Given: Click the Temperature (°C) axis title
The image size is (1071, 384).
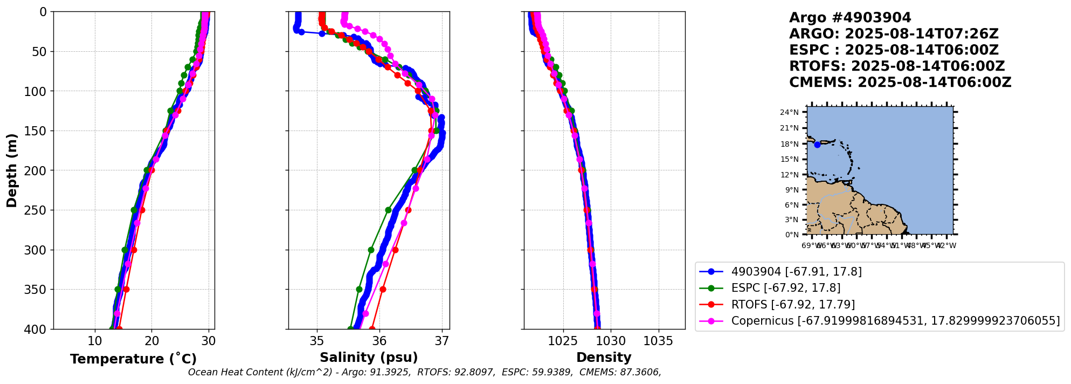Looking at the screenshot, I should (x=133, y=359).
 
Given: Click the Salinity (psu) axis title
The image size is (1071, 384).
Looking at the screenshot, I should (x=369, y=358).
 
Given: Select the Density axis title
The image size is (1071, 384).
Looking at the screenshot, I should (x=604, y=358).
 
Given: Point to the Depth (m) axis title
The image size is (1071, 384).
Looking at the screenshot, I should (x=12, y=170).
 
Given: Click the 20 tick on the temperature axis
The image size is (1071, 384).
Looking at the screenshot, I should (x=151, y=341).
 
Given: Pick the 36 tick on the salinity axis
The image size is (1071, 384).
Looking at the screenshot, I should (x=379, y=341).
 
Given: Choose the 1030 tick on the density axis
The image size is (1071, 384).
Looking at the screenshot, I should (x=611, y=341).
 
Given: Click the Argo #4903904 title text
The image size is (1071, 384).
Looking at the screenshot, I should (x=850, y=18).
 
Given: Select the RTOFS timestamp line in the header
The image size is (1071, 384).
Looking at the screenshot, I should (x=897, y=66).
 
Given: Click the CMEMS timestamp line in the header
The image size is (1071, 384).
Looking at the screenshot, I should (x=900, y=83).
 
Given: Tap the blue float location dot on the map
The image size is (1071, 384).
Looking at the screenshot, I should (x=817, y=145).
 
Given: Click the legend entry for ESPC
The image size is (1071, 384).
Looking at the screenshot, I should (x=785, y=288).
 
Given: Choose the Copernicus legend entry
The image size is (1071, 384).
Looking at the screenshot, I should (x=895, y=321).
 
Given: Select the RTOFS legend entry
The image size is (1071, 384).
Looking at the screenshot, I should (x=792, y=305).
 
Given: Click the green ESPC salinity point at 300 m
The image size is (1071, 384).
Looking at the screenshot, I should (x=371, y=250).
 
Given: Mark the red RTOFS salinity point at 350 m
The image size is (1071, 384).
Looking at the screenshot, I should (x=383, y=290).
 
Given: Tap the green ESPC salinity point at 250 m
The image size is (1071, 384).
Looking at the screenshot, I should (x=388, y=210).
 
